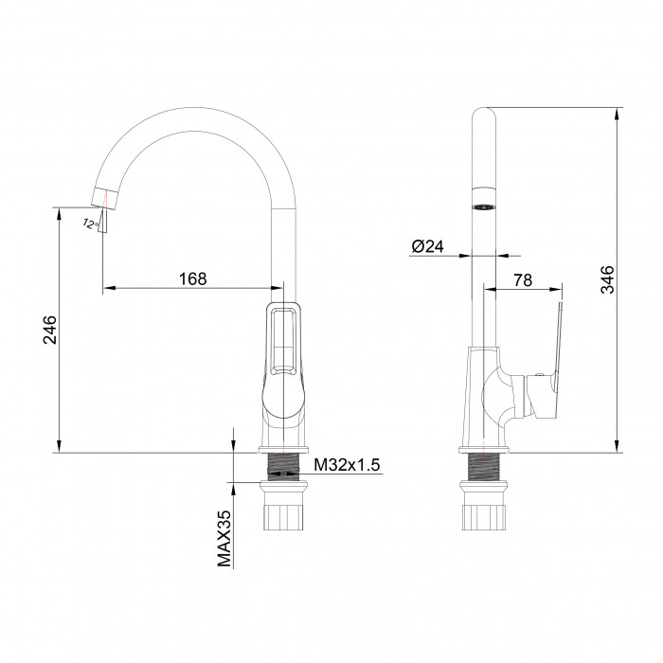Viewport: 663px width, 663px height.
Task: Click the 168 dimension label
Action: tap(193, 279)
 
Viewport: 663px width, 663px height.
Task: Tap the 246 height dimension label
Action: tap(50, 330)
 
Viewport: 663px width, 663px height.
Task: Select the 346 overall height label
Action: tap(608, 279)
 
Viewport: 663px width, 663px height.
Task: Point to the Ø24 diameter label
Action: tap(427, 246)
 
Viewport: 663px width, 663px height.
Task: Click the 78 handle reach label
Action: tap(523, 280)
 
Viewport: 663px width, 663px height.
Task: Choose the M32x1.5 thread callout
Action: tap(347, 465)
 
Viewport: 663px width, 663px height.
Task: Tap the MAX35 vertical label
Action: tap(224, 538)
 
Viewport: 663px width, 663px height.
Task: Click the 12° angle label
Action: tap(90, 224)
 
